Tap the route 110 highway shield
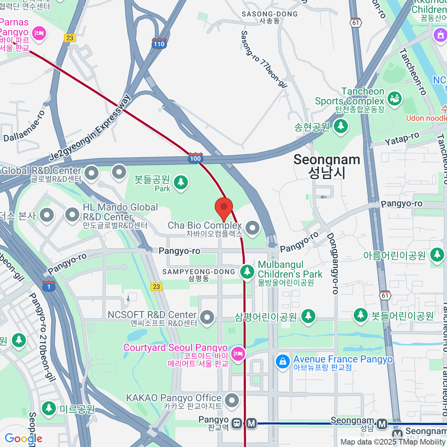[159, 43]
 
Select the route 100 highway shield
[195, 158]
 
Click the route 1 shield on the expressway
[49, 286]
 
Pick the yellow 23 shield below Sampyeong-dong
[156, 286]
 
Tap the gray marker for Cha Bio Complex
[253, 228]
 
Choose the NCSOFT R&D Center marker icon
[207, 317]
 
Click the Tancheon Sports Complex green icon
[394, 98]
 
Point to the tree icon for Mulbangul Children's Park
[247, 272]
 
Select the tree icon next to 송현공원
[340, 127]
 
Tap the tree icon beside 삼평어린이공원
[308, 316]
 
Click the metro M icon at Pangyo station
[252, 423]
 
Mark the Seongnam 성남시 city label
[327, 166]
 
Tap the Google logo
[23, 438]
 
